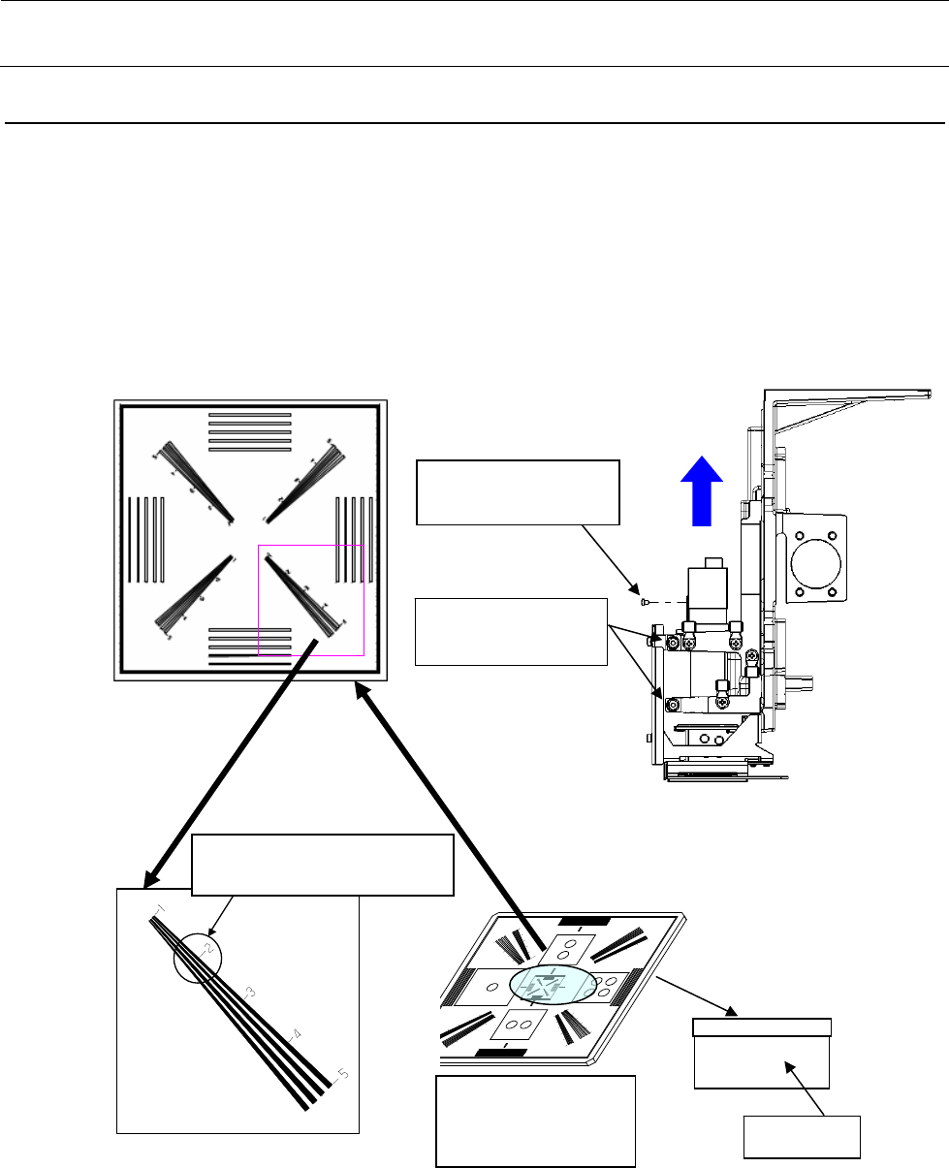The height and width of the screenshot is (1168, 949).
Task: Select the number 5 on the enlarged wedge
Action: point(338,1073)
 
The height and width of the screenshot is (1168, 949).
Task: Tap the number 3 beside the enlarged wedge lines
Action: point(249,992)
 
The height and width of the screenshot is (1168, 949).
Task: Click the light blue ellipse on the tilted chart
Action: point(553,985)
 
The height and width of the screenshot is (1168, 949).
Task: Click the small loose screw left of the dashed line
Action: point(645,601)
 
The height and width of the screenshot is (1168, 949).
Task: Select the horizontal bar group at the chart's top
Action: point(250,431)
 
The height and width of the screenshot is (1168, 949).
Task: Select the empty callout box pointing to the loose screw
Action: point(518,492)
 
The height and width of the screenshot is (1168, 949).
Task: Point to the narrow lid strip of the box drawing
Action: point(762,1027)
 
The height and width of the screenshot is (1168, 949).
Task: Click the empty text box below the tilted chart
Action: point(536,1121)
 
